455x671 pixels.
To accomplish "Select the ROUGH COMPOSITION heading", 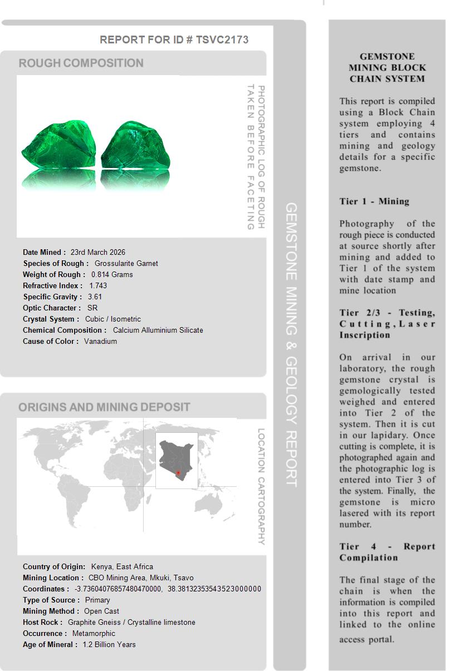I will pos(81,63).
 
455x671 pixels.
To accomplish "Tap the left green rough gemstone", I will pos(58,147).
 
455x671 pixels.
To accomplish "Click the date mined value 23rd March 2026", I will pos(97,252).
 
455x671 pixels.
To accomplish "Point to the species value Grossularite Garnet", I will pos(126,263).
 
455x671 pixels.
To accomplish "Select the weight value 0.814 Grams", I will pos(112,274).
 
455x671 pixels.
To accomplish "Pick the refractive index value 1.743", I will pos(98,285).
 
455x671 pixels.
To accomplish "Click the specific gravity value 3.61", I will pos(95,297).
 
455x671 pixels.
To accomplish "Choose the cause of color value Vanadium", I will pos(100,341).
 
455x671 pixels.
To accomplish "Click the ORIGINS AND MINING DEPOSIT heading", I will pos(104,407).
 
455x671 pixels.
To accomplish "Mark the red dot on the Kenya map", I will pos(178,473).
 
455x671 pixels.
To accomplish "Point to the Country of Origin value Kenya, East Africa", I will pos(122,566).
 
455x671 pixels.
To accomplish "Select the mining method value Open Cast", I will pos(101,611).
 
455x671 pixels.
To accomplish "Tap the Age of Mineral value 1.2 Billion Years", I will pos(109,644).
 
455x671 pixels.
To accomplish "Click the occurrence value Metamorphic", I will pos(94,633).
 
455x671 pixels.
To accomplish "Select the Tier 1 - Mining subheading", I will pos(374,201).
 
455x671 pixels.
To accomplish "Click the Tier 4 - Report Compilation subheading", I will pos(387,552).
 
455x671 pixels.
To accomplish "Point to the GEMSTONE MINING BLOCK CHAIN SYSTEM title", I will pos(387,67).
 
